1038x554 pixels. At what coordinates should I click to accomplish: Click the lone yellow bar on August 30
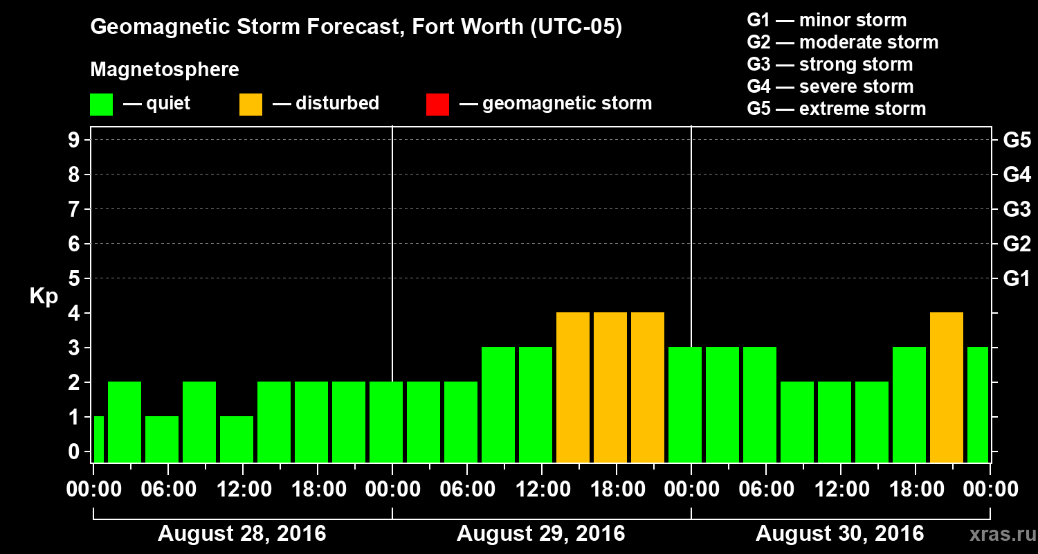[946, 387]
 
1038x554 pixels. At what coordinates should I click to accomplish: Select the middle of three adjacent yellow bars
[610, 387]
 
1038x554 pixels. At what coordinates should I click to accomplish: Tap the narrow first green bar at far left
[98, 439]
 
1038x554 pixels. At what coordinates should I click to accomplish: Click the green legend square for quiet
[101, 104]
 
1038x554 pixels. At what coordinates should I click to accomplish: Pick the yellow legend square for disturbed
[251, 104]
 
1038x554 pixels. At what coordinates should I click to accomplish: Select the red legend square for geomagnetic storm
[437, 104]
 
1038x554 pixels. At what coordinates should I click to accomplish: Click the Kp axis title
[43, 296]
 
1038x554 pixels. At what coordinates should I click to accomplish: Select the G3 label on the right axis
[1017, 209]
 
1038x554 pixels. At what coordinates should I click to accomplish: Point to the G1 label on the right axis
[1017, 279]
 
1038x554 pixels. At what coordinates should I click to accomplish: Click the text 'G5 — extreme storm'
[836, 109]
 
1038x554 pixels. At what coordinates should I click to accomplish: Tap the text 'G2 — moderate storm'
[842, 42]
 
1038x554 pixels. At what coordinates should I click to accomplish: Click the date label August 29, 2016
[540, 534]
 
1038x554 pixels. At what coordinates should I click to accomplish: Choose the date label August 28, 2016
[242, 534]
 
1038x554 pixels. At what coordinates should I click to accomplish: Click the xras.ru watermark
[997, 534]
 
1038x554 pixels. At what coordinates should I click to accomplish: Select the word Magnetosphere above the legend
[165, 70]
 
